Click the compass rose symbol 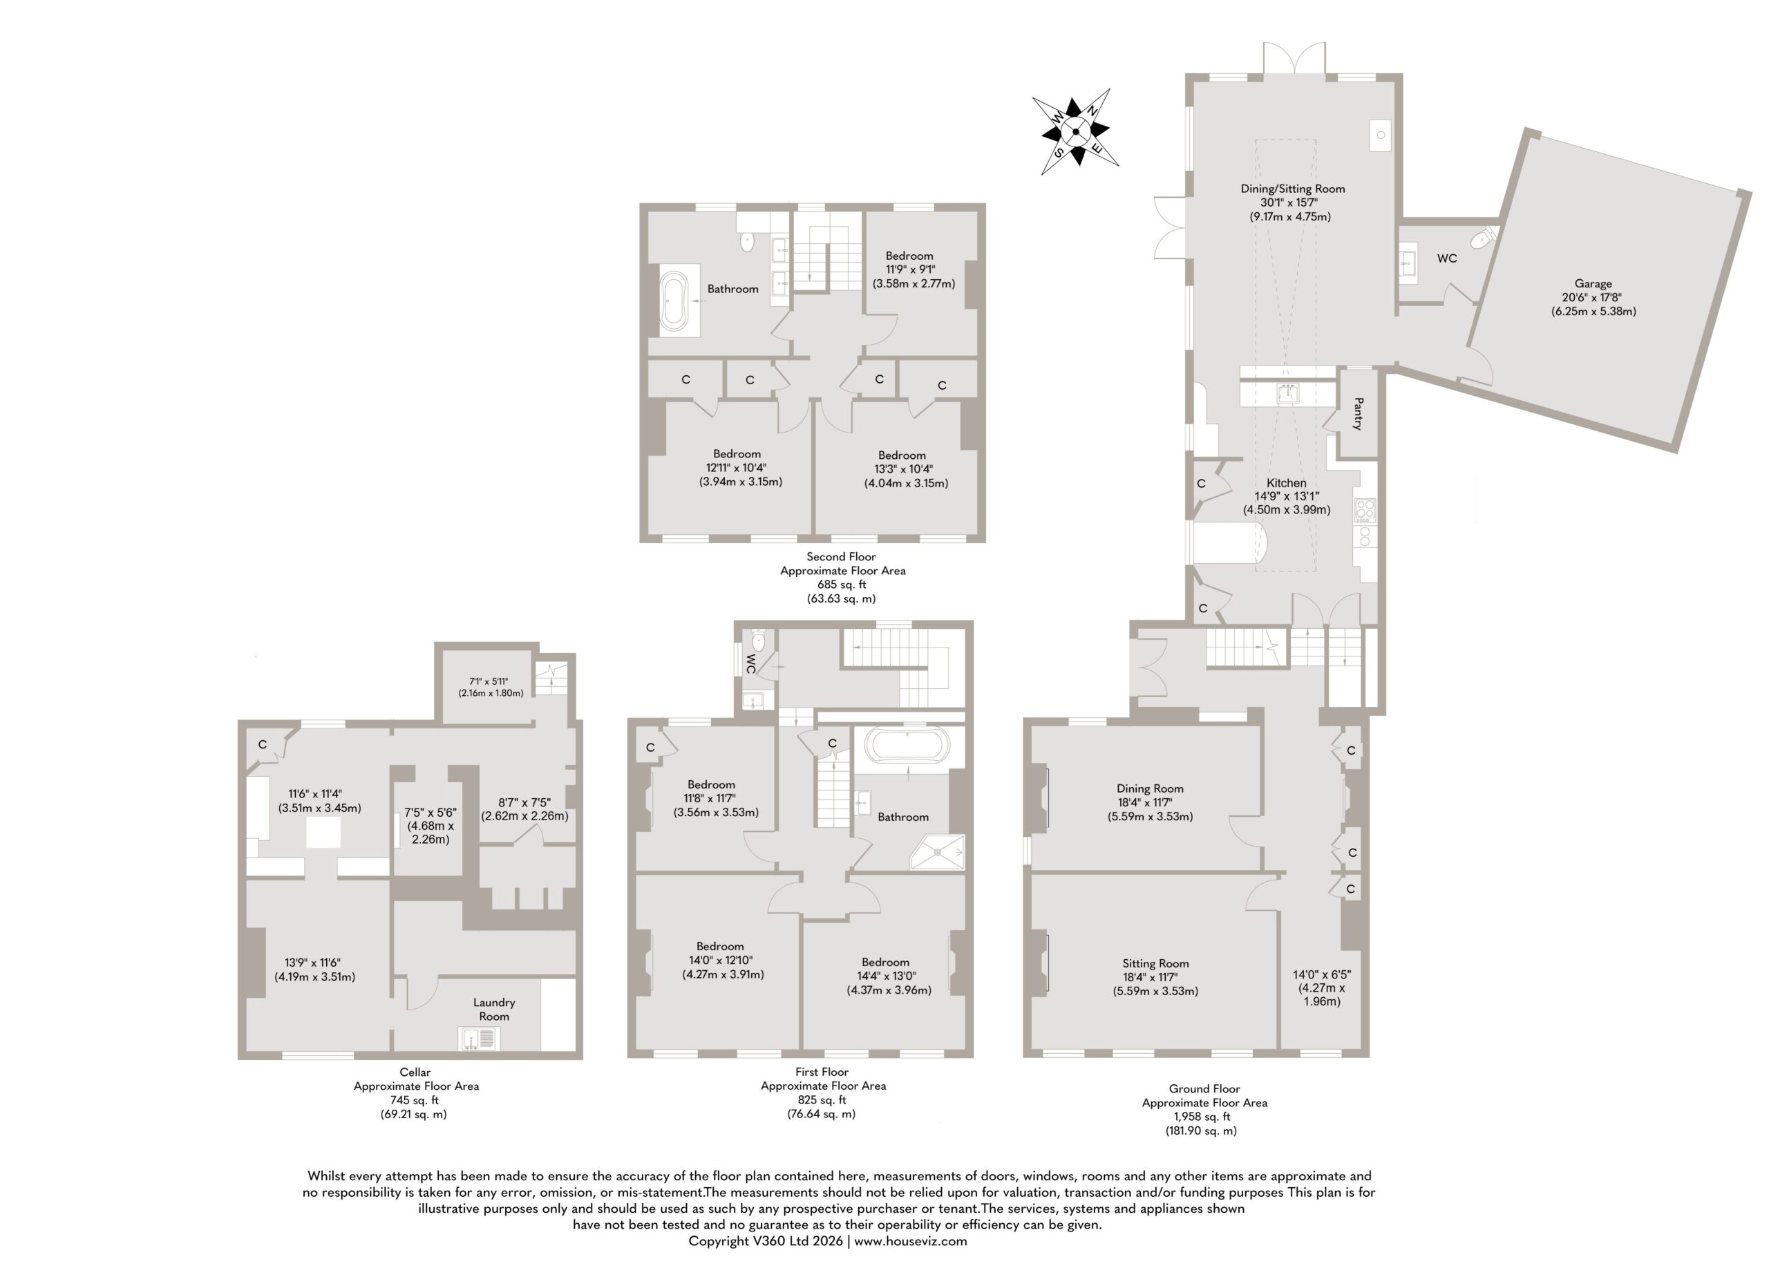(1076, 132)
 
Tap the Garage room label (1593, 284)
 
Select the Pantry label (1358, 414)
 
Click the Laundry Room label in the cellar (493, 1009)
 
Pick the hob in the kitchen (1365, 510)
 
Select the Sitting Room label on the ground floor (1155, 963)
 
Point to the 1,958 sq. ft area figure (1204, 1116)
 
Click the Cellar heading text (415, 1072)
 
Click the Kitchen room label (1286, 483)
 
